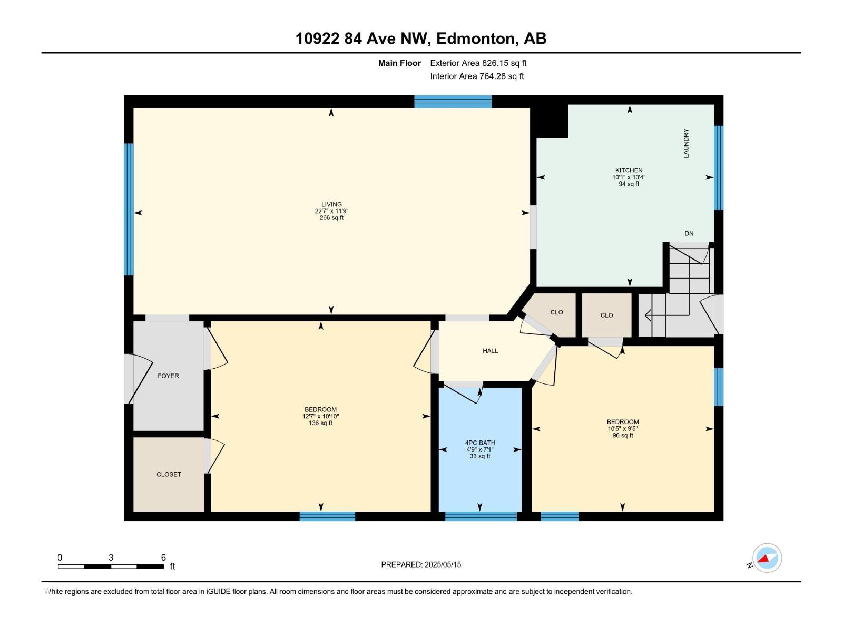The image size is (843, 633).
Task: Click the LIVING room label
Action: (x=331, y=204)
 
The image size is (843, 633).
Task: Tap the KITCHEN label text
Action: (x=629, y=170)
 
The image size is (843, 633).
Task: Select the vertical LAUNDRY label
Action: (x=686, y=143)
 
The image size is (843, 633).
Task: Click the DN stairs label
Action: (x=689, y=233)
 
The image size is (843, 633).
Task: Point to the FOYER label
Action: (x=168, y=376)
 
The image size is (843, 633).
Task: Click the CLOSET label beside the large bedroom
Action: (x=169, y=474)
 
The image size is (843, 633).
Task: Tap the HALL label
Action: (x=490, y=351)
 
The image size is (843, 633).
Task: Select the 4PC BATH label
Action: (x=479, y=443)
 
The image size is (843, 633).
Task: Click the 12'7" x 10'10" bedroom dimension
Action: (x=320, y=416)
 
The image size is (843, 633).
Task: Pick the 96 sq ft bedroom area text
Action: (x=623, y=436)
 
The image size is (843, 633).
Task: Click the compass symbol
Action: (x=767, y=558)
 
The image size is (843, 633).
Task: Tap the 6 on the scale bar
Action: (x=163, y=558)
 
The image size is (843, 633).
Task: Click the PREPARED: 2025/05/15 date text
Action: (x=421, y=564)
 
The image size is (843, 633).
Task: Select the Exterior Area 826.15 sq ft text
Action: (x=478, y=63)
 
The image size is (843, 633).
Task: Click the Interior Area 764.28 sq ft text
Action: (x=477, y=76)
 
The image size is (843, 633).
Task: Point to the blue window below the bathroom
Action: (x=481, y=516)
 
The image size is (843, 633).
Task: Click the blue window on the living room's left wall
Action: (x=129, y=209)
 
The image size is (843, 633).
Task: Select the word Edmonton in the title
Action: (x=476, y=39)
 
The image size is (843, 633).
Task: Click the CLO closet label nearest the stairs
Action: (x=606, y=315)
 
